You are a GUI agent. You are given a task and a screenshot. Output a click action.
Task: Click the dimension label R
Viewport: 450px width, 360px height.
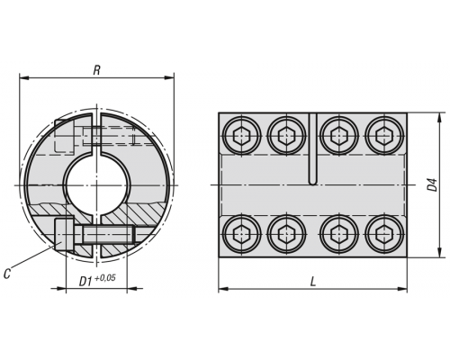96,70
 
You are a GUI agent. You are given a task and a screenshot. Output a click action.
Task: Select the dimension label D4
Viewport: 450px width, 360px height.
432,184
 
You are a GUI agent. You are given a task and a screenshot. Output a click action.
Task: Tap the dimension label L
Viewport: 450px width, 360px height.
313,282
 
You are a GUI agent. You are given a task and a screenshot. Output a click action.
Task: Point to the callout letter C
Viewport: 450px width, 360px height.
7,274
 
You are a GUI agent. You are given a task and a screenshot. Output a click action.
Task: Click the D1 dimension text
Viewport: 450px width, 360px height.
85,282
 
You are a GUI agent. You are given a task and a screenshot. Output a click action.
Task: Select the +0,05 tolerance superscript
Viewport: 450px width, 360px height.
104,278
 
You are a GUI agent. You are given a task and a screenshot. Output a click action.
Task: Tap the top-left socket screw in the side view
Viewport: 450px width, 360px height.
242,136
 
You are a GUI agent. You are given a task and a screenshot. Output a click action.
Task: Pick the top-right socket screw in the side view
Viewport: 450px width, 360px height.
385,136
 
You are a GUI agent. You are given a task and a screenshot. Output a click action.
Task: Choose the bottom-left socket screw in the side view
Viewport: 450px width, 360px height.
242,234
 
